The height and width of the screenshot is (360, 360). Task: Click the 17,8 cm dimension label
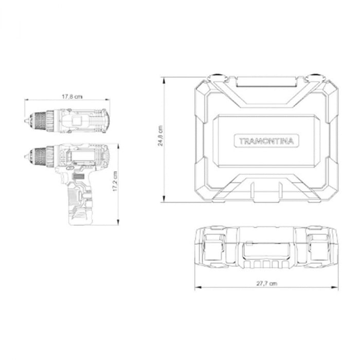point(72,97)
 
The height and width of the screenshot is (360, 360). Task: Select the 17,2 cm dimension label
point(115,181)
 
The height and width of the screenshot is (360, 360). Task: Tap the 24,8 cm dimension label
point(160,136)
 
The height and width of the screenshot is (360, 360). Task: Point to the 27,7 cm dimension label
point(266,283)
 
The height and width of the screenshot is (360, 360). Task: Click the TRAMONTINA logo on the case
point(266,141)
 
